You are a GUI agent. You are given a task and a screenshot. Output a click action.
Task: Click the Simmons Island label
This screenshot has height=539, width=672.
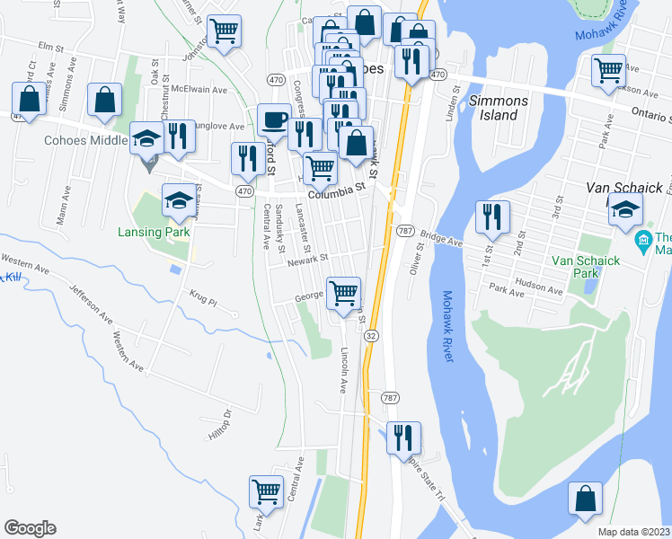(493, 108)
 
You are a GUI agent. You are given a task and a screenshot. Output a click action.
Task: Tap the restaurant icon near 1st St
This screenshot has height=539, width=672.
(492, 216)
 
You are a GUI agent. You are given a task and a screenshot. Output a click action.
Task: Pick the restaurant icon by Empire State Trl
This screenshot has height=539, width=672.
(403, 437)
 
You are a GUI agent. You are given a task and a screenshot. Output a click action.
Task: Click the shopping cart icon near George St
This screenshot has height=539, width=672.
(344, 293)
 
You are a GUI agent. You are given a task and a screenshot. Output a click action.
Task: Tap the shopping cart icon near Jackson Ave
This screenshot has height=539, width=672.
(608, 69)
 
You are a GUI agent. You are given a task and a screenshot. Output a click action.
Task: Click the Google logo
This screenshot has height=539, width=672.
(30, 528)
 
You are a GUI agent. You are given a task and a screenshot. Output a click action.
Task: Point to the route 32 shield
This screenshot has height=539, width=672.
(371, 334)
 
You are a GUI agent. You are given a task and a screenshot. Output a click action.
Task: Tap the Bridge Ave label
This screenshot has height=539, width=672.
(443, 238)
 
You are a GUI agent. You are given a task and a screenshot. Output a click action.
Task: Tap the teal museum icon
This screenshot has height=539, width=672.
(642, 241)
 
